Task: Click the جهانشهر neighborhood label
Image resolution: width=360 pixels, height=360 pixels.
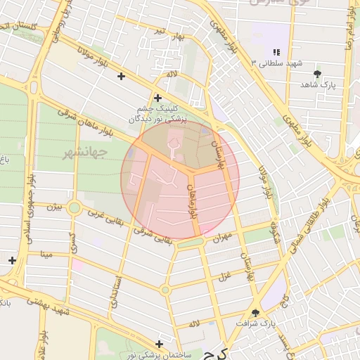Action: (x=84, y=153)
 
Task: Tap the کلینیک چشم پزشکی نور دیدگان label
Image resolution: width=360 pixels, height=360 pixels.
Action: (x=158, y=114)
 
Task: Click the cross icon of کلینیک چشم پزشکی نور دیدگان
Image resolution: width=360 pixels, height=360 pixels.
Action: (x=157, y=98)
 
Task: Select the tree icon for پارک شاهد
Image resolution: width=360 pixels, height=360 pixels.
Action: (x=319, y=73)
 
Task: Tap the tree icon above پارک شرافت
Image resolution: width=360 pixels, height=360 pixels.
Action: (x=255, y=313)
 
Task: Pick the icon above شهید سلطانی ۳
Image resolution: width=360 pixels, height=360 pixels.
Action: (x=276, y=52)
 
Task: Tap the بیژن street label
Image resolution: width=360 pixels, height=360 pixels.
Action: (x=55, y=207)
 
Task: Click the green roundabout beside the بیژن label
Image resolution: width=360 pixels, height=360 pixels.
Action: (x=74, y=208)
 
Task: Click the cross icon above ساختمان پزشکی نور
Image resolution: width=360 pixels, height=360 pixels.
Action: (x=160, y=344)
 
